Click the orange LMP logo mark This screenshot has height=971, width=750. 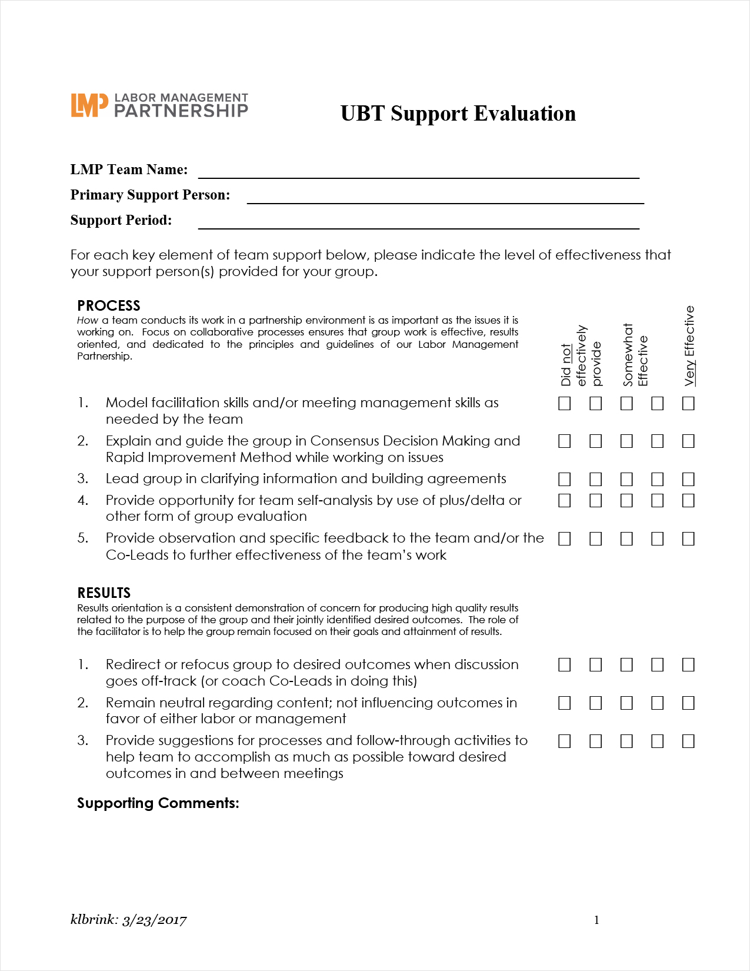[89, 105]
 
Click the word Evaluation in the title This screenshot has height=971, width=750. [525, 114]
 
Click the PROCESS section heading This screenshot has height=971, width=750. [109, 306]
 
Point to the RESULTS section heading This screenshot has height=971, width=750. [104, 593]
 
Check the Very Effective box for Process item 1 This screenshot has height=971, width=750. [688, 403]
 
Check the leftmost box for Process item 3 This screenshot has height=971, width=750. [565, 479]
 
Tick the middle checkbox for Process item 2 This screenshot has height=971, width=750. [626, 441]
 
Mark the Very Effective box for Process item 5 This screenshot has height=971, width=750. [688, 538]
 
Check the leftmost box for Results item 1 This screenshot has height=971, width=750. [565, 665]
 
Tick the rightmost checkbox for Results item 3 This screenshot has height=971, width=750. [688, 741]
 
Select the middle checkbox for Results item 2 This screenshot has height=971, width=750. [626, 703]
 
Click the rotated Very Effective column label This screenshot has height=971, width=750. [690, 346]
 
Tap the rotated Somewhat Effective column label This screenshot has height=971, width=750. [635, 355]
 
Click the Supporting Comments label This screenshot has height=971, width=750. [158, 803]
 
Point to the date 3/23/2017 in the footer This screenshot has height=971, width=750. [154, 920]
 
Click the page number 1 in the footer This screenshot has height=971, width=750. [596, 920]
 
